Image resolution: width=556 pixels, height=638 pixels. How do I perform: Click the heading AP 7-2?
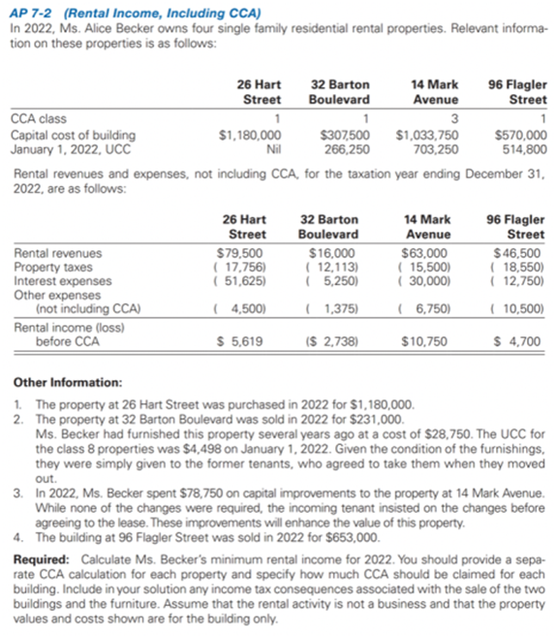[x=32, y=13]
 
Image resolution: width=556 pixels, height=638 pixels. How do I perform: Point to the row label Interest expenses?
[x=51, y=281]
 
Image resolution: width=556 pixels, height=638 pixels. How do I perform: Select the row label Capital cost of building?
[x=73, y=136]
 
